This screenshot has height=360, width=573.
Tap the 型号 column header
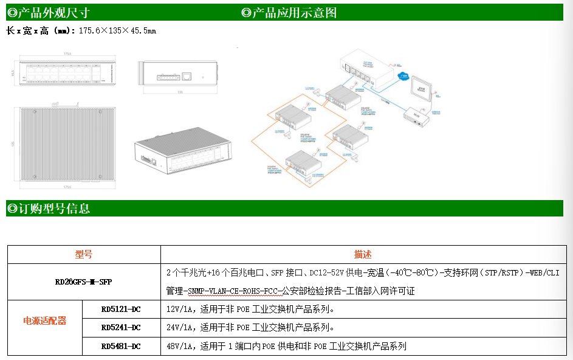tap(84, 254)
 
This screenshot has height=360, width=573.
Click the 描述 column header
tap(363, 254)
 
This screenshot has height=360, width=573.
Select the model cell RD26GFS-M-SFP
tap(84, 282)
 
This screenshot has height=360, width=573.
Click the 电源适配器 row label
tap(44, 320)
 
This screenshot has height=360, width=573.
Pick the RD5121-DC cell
tap(121, 309)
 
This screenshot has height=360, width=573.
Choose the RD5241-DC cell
tap(121, 327)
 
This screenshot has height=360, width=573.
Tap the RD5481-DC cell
tap(121, 346)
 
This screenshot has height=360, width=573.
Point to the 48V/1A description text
tap(286, 346)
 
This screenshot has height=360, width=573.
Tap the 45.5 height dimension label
tap(13, 72)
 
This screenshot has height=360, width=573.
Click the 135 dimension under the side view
tap(180, 92)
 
